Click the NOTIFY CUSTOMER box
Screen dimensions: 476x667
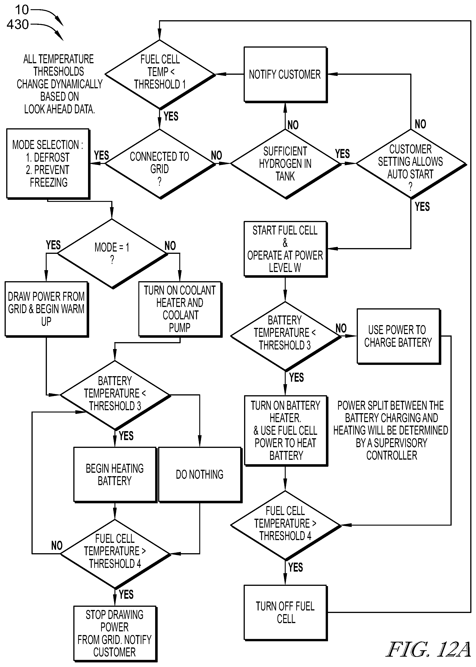tap(285, 74)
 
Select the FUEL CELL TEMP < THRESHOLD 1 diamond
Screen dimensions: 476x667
tap(160, 74)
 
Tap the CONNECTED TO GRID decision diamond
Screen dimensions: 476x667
tap(160, 164)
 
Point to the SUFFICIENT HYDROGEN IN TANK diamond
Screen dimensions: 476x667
tap(285, 164)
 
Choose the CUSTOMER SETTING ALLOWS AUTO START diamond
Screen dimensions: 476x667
tap(411, 164)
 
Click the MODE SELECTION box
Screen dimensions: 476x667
tap(48, 164)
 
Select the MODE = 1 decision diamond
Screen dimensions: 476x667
tap(112, 254)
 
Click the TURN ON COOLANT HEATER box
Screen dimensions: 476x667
tap(180, 309)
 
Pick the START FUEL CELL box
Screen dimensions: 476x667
tap(285, 249)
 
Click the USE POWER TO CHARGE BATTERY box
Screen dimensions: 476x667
tap(399, 336)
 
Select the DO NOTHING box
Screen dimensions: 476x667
tap(200, 475)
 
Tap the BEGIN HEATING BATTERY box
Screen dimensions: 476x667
tap(115, 475)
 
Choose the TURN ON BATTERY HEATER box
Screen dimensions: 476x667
tap(286, 430)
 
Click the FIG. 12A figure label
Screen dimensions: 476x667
tap(428, 649)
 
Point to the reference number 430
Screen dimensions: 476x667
tap(18, 24)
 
